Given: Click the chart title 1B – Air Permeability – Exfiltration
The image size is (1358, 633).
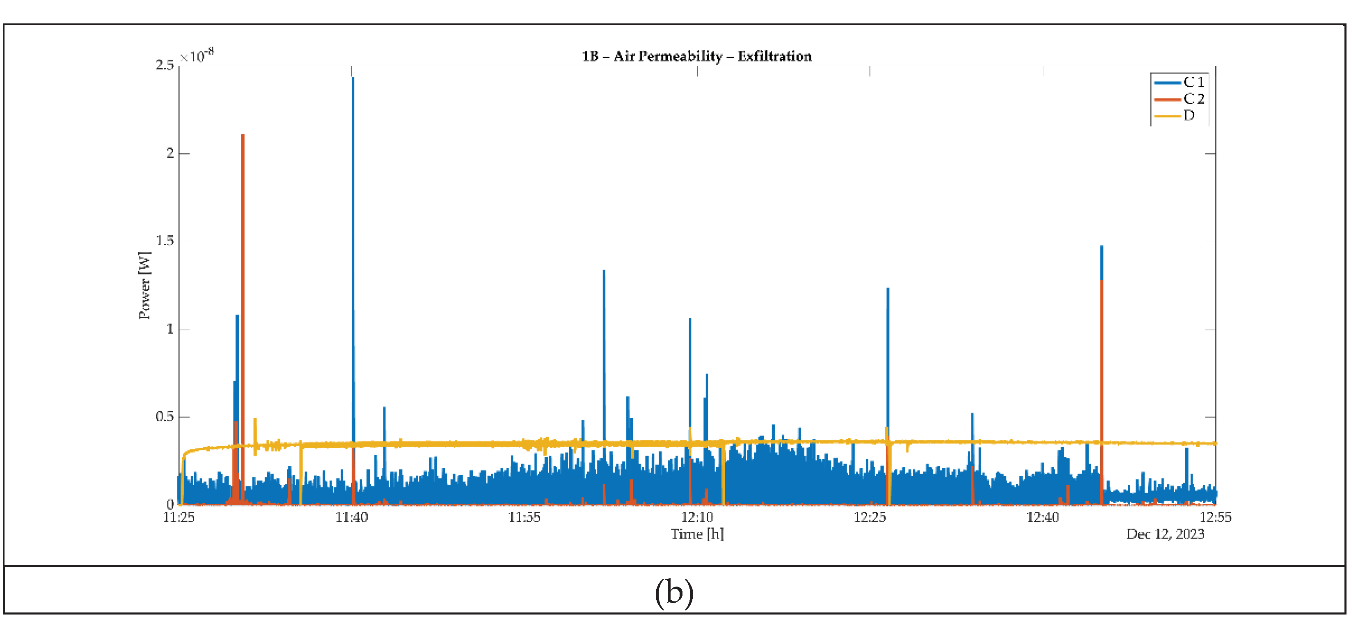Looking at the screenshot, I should (x=696, y=56).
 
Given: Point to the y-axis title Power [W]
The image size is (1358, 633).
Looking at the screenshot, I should (x=144, y=285).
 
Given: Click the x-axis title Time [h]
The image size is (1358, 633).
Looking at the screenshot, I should (x=697, y=534).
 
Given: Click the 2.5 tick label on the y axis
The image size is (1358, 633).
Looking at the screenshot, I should (x=165, y=65).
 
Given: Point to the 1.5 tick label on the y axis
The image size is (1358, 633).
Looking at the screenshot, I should (x=165, y=241).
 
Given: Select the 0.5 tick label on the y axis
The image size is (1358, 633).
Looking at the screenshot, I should (x=165, y=417).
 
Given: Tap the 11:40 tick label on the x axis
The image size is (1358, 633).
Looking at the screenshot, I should (x=352, y=517).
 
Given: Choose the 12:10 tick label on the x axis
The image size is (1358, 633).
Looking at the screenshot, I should (x=697, y=517).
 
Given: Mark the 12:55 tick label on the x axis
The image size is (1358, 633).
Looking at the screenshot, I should (x=1215, y=517).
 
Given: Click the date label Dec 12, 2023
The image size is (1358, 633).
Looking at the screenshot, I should (x=1165, y=534).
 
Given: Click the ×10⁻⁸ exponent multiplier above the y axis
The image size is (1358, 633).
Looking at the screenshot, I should (x=197, y=55).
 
